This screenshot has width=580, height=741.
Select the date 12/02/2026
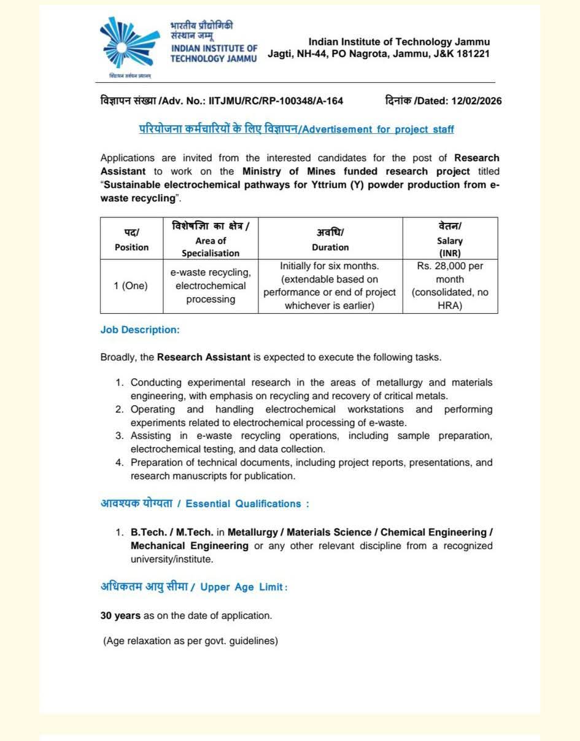click(476, 101)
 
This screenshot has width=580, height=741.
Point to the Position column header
click(131, 239)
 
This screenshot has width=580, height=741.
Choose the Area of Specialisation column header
click(211, 239)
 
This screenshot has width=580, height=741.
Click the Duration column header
click(330, 239)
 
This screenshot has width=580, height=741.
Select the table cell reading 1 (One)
click(131, 286)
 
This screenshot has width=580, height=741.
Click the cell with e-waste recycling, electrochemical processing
click(211, 286)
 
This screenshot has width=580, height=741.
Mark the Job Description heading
click(140, 330)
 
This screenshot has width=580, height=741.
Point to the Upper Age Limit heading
click(243, 588)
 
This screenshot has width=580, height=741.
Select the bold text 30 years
click(120, 615)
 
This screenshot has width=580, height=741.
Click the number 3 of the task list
click(120, 436)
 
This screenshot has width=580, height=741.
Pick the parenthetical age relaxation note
click(190, 642)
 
